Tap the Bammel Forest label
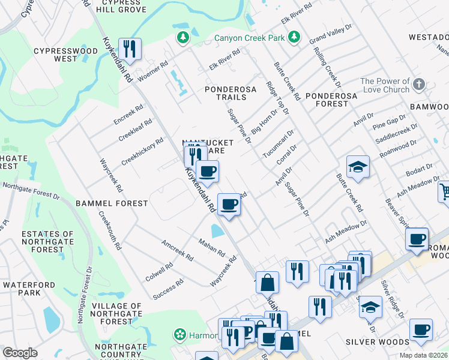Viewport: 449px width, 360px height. [112, 203]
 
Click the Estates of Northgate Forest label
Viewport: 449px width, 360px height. [47, 242]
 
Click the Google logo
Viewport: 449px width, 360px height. [20, 352]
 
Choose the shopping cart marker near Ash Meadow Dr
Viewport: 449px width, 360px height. [444, 192]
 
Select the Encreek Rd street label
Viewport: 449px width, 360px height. [128, 115]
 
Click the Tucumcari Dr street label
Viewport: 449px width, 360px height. [278, 145]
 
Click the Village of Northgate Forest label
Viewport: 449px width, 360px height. [105, 313]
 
